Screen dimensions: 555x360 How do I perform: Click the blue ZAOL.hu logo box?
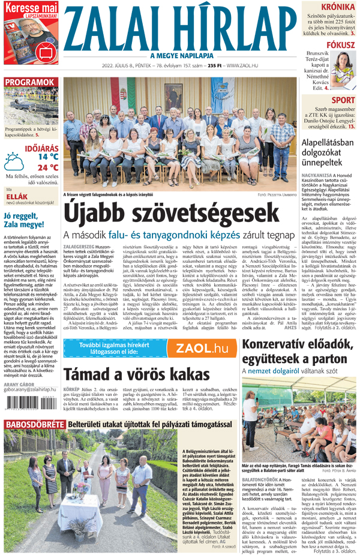203,349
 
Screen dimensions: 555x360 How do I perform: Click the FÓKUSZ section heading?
340,45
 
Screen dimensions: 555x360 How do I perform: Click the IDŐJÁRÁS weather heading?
41,147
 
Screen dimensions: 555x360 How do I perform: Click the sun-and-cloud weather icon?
15,161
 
